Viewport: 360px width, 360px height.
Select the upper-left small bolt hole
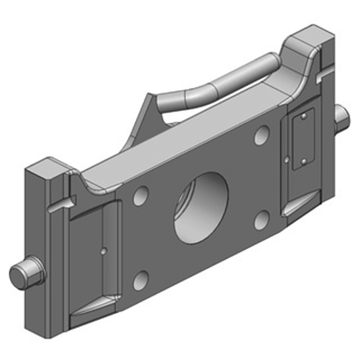point(141,195)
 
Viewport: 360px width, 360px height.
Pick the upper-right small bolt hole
point(261,135)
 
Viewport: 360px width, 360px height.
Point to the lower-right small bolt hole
point(261,219)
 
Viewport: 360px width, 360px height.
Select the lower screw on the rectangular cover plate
point(303,161)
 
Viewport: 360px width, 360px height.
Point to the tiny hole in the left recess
point(104,250)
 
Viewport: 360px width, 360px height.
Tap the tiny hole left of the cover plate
point(287,158)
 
